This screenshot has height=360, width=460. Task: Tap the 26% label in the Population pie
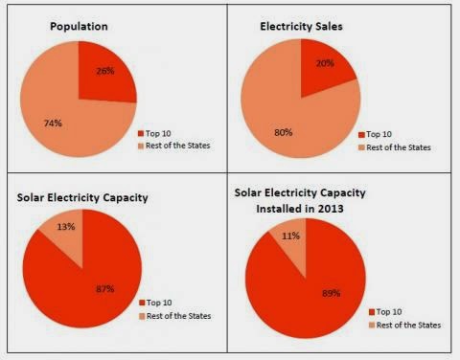pyautogui.click(x=104, y=71)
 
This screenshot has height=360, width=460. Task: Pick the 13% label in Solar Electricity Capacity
pyautogui.click(x=65, y=226)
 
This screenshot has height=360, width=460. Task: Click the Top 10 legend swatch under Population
pyautogui.click(x=141, y=134)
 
